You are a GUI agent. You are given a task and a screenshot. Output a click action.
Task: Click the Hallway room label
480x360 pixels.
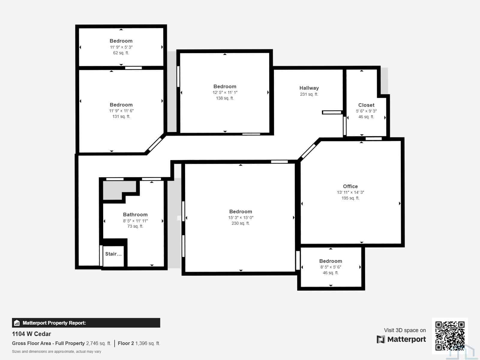tap(309, 88)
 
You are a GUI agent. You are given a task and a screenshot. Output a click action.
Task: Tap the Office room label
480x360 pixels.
tap(350, 186)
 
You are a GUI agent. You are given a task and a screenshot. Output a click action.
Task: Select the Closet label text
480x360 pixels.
tap(366, 105)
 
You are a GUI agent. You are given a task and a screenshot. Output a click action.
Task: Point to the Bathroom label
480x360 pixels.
tap(135, 214)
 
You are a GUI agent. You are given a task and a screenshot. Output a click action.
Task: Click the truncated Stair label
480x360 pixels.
tap(113, 254)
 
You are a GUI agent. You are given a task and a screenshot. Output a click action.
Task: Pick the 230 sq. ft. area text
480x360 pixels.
tap(241, 223)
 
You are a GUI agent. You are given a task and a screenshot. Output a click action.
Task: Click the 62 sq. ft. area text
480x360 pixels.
tap(121, 53)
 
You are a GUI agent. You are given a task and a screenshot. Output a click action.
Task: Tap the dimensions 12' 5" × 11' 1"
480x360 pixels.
tap(225, 92)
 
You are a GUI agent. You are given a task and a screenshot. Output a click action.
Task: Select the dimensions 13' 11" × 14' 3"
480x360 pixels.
tap(350, 192)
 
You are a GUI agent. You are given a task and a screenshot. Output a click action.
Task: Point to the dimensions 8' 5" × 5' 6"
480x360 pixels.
tap(331, 267)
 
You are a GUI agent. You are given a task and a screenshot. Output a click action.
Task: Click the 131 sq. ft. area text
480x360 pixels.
tap(121, 116)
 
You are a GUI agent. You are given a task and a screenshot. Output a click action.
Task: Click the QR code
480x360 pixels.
tap(450, 336)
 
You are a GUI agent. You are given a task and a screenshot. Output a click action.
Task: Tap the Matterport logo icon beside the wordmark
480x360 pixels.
tap(381, 339)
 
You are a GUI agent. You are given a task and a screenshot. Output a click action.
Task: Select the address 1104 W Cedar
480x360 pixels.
tap(31, 334)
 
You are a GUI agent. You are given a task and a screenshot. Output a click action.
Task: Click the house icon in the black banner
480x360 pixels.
tap(17, 323)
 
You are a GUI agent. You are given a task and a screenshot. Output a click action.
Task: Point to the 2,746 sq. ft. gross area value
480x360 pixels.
tap(98, 343)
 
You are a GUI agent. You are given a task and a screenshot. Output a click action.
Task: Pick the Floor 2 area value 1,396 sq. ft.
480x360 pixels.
tap(148, 343)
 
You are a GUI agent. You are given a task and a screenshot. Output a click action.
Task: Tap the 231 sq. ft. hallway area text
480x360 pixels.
tap(309, 94)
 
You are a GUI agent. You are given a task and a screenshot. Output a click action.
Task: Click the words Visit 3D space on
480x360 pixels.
tap(405, 330)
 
